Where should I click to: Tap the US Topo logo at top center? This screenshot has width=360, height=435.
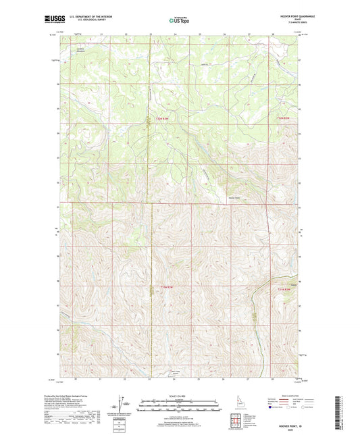tap(179, 20)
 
